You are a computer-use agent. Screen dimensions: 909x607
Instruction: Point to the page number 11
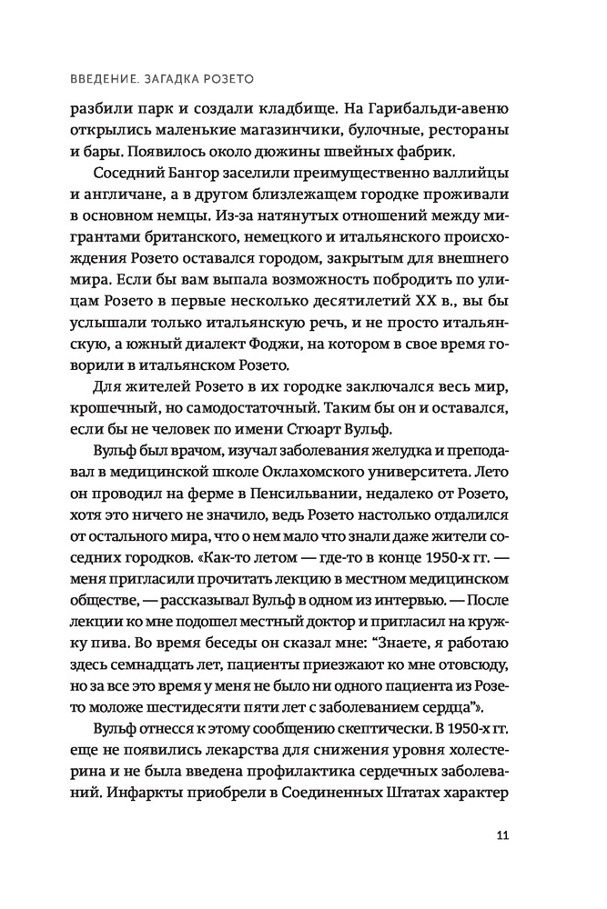pos(502,837)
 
